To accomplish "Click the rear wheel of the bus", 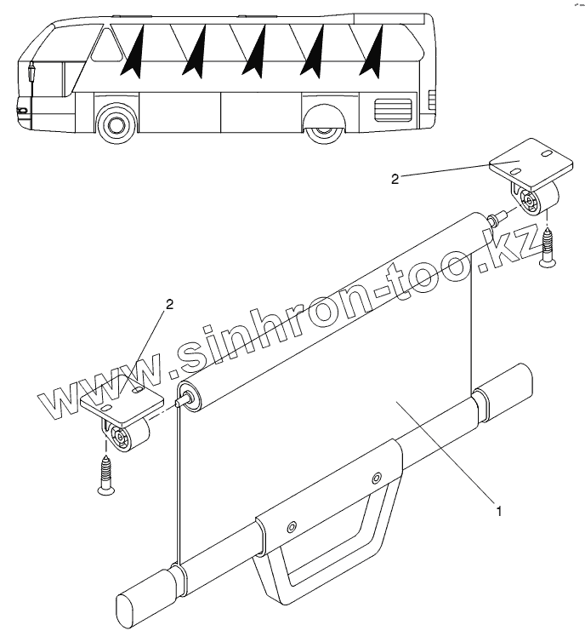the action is [x=324, y=126].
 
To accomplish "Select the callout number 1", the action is [x=499, y=512].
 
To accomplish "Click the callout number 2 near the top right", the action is [x=395, y=179].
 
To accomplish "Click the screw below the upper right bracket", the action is [x=547, y=246].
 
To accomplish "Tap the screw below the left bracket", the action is [x=107, y=474].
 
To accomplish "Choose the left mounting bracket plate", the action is [x=120, y=401].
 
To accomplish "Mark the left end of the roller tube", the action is [x=188, y=398].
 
